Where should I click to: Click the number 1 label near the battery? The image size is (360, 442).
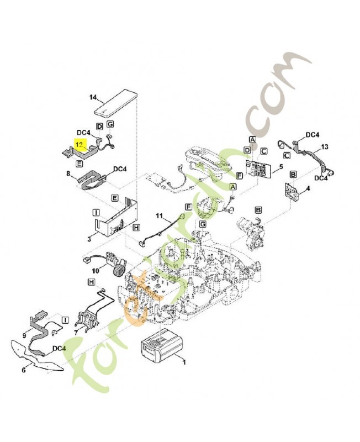pyautogui.click(x=184, y=362)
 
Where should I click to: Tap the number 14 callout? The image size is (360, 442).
pyautogui.click(x=93, y=98)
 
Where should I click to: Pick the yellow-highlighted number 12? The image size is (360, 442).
pyautogui.click(x=81, y=144)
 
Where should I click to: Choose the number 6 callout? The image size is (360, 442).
pyautogui.click(x=23, y=371)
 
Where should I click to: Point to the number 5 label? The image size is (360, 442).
pyautogui.click(x=281, y=166)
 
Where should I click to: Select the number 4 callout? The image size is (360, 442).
pyautogui.click(x=308, y=189)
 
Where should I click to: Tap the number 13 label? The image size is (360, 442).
pyautogui.click(x=325, y=146)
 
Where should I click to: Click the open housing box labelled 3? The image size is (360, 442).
pyautogui.click(x=117, y=219)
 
